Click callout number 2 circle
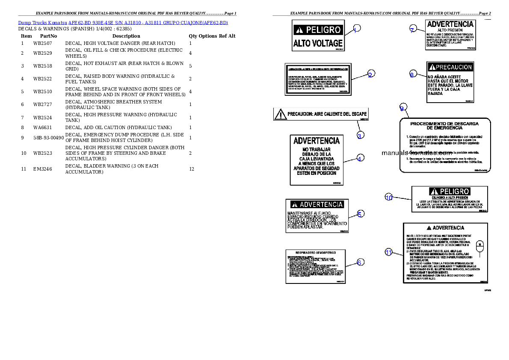370,74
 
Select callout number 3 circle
360,136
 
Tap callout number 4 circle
360,158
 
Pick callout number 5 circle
361,214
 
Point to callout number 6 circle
360,262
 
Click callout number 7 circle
412,30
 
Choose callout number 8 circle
412,74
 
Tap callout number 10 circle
389,197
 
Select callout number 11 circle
388,252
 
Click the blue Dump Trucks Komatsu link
123,22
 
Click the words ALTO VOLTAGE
318,43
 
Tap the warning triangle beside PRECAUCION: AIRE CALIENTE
280,114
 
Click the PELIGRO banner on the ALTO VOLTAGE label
318,30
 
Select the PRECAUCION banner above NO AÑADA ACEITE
450,67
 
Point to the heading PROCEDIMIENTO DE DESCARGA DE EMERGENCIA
444,126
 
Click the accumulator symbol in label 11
480,248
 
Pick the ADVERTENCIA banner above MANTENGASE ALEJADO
317,204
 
